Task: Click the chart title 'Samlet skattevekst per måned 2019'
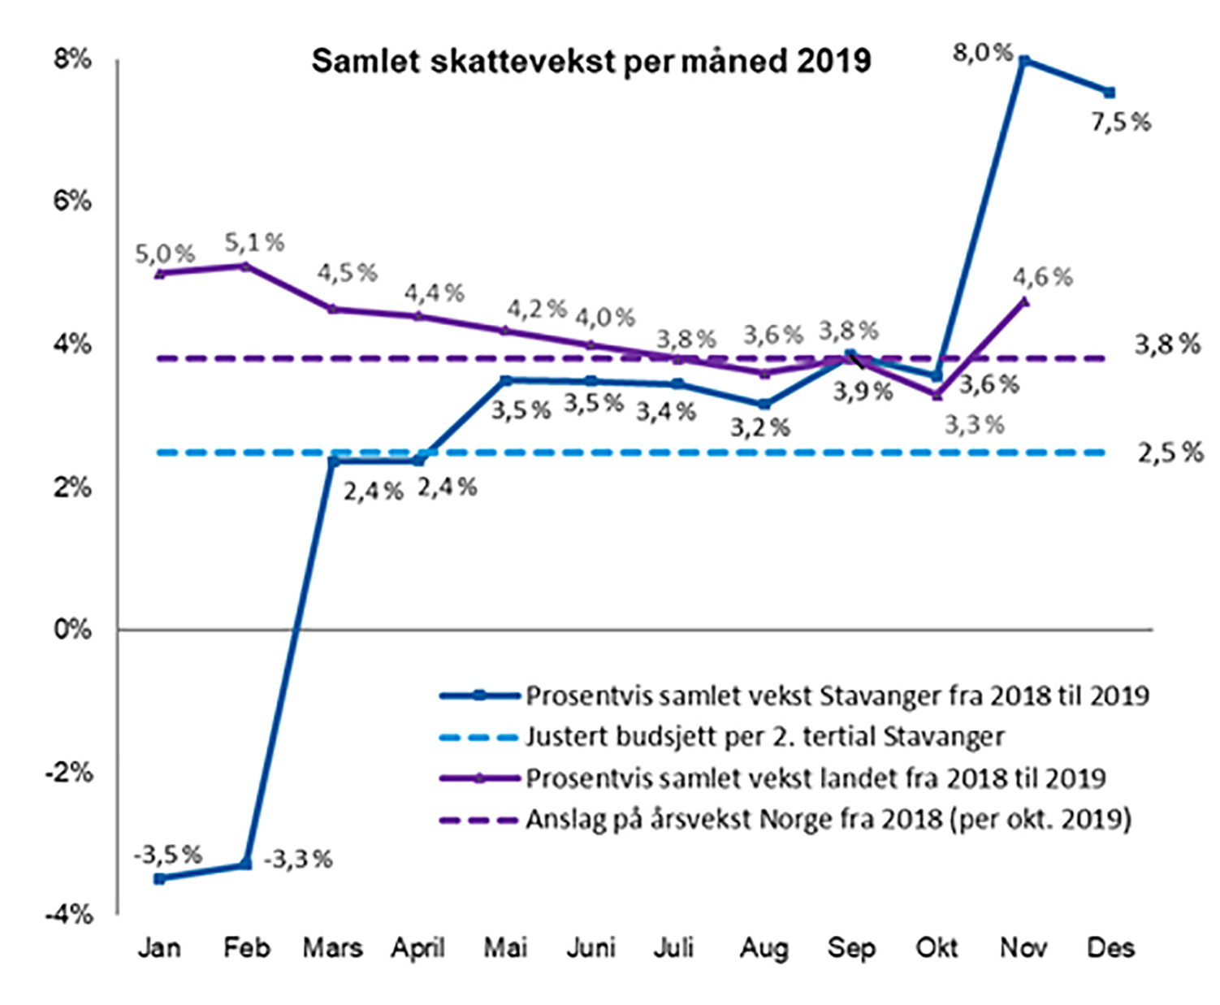click(591, 62)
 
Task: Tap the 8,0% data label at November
click(982, 54)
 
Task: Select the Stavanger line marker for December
click(1110, 93)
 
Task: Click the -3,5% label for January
click(167, 855)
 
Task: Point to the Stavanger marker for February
click(246, 864)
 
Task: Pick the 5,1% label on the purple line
click(254, 242)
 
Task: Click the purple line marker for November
click(1024, 301)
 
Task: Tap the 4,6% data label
click(1042, 277)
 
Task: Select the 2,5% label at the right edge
click(1170, 453)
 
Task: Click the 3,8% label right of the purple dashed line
click(1167, 344)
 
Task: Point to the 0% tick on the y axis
click(72, 630)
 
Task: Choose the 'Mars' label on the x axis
click(333, 948)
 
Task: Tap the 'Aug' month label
click(764, 948)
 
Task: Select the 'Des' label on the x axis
click(1110, 948)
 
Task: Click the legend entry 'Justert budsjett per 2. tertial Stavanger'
click(764, 737)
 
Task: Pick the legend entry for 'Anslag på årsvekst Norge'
click(828, 819)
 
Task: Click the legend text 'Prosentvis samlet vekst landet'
click(815, 778)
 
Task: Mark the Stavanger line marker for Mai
click(506, 380)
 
